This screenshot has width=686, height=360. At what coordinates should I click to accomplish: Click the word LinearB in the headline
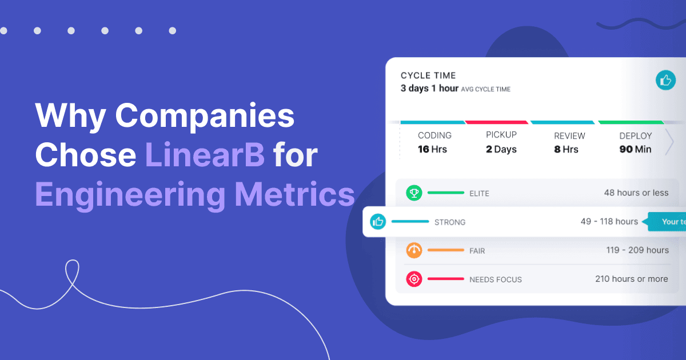coord(204,155)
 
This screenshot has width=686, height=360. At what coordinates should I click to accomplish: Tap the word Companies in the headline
coord(205,117)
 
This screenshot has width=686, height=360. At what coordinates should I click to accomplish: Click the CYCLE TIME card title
coord(428,75)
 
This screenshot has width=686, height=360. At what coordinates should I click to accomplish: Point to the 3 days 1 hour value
coord(429,89)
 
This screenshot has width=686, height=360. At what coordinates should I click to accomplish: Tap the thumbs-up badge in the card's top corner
coord(665,81)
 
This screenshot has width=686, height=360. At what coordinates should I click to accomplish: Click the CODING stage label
coord(434,135)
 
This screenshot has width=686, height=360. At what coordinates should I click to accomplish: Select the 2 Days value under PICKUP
coord(501,149)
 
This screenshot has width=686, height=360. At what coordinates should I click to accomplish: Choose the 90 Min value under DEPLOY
coord(635,149)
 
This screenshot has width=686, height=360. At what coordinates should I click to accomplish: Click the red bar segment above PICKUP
coord(496,122)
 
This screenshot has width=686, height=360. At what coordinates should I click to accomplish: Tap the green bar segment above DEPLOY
coord(631,122)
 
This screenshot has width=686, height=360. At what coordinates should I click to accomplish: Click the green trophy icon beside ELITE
coord(414,193)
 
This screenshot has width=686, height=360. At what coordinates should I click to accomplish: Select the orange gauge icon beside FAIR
coord(414,250)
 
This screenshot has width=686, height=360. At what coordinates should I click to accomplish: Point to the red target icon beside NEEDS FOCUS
coord(414,279)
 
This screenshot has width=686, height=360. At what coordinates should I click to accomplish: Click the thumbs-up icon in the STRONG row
coord(378,222)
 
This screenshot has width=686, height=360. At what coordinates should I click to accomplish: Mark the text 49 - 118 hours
coord(609,222)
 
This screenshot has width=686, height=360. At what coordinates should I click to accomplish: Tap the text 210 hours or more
coord(631,279)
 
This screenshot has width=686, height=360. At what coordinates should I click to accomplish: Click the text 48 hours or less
coord(636,193)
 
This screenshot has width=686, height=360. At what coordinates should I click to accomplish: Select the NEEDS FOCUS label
coord(495,279)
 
